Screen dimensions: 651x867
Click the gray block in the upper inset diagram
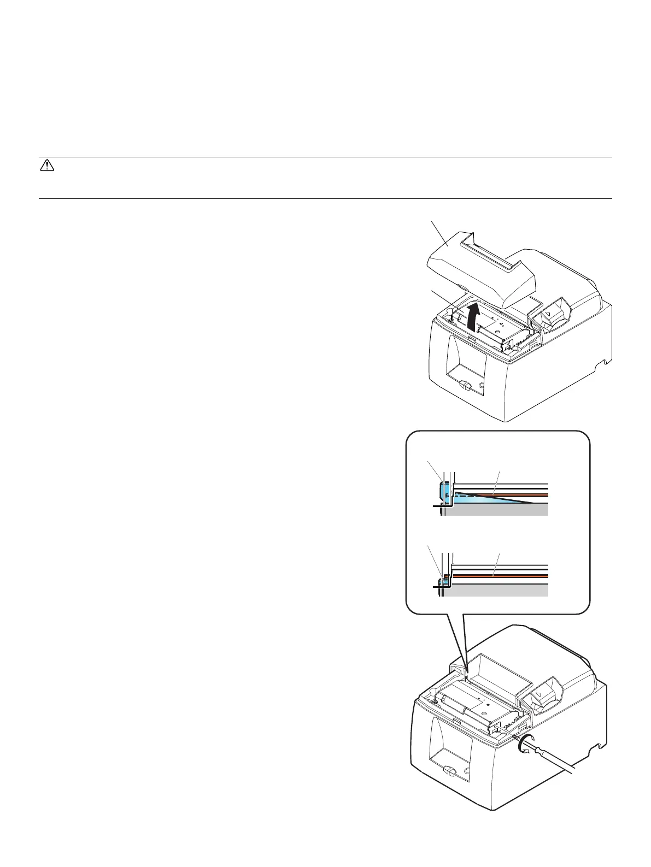tap(497, 510)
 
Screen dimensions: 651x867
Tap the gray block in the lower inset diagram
tap(497, 591)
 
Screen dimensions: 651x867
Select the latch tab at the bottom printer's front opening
tap(449, 771)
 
